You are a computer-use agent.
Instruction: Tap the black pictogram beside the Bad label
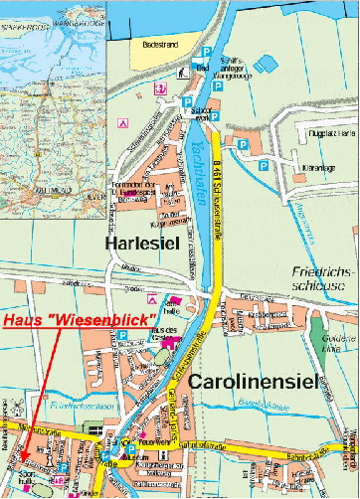181,72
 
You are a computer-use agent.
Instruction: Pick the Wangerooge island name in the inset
56,17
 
